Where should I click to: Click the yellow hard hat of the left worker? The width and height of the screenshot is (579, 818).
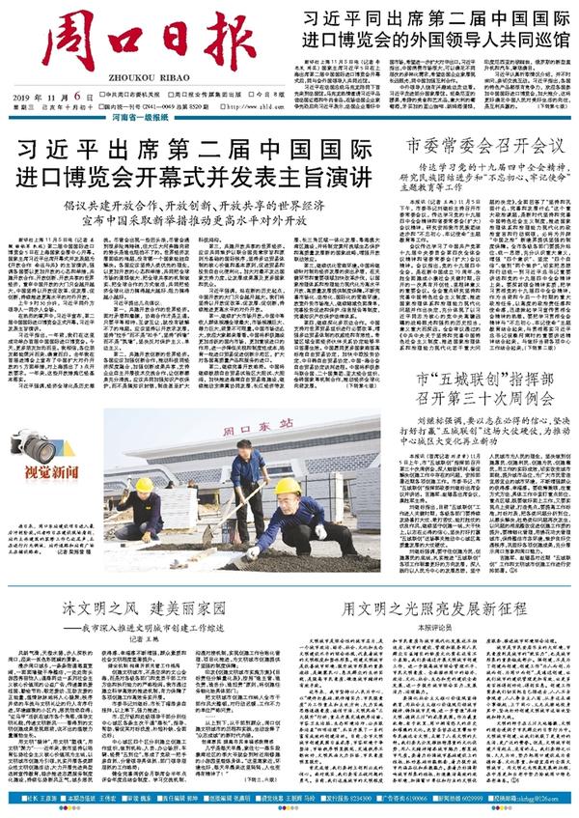click(x=144, y=484)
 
